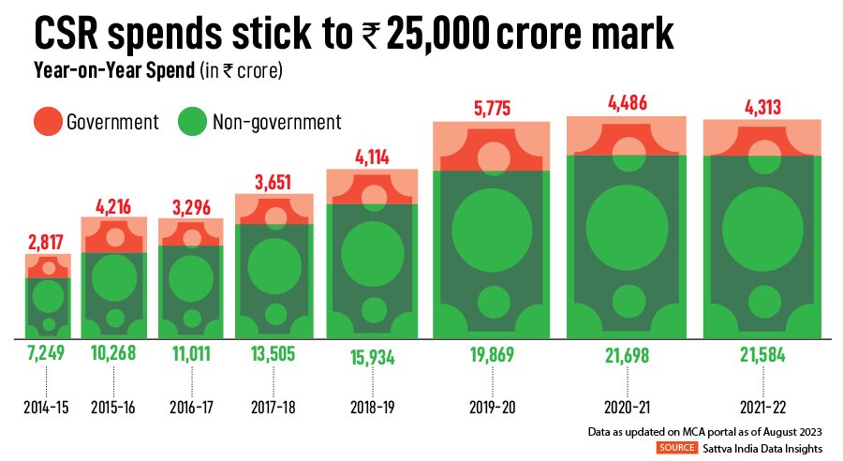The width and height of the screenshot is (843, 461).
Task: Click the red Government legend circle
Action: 47,123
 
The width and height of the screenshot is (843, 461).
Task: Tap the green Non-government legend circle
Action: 193,123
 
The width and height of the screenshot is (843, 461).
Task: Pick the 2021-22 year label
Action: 762,409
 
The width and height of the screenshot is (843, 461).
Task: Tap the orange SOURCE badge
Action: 676,449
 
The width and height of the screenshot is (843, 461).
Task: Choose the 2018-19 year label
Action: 372,409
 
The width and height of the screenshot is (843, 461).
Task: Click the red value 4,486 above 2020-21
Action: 627,101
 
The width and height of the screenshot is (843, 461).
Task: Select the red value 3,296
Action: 191,203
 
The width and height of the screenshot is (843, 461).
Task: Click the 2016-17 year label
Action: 191,409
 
